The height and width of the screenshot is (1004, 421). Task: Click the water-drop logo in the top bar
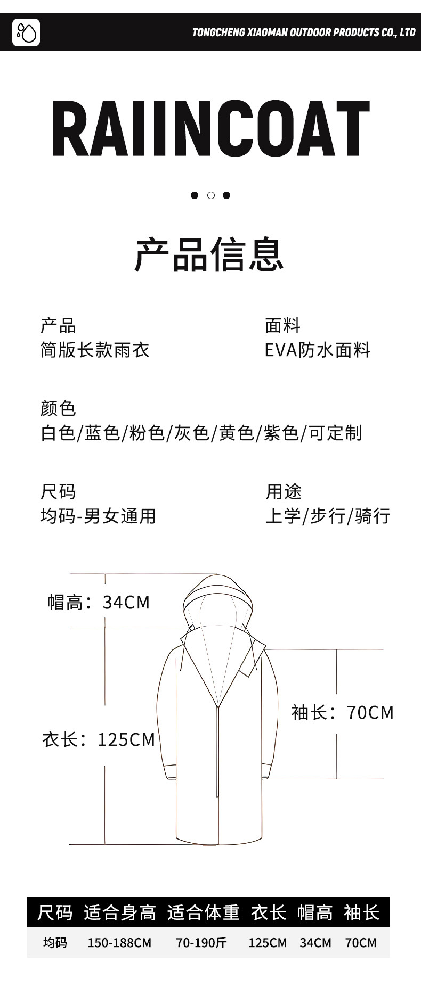(x=26, y=32)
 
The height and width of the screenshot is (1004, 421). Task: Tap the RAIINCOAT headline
(x=210, y=129)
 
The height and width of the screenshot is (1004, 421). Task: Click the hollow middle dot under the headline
(x=210, y=195)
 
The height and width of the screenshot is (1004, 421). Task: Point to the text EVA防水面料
(x=318, y=350)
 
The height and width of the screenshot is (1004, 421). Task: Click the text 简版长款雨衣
(x=95, y=350)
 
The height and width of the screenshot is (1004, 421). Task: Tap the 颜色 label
(x=58, y=408)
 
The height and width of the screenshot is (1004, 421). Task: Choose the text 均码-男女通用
(x=98, y=516)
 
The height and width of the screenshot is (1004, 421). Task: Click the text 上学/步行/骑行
(x=328, y=516)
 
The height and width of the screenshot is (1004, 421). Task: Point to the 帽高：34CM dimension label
(x=99, y=602)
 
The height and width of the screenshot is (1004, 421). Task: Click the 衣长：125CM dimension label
(x=99, y=739)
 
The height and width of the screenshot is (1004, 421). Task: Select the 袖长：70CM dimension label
(x=342, y=712)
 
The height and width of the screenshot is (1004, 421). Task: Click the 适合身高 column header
(x=120, y=912)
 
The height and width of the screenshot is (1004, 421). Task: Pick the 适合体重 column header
(x=204, y=912)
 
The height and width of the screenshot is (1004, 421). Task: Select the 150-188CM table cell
(x=119, y=943)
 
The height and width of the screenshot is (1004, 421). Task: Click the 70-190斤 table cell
(x=201, y=943)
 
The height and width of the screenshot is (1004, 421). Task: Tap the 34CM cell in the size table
(x=315, y=943)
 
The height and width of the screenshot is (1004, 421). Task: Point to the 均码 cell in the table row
(x=55, y=943)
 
